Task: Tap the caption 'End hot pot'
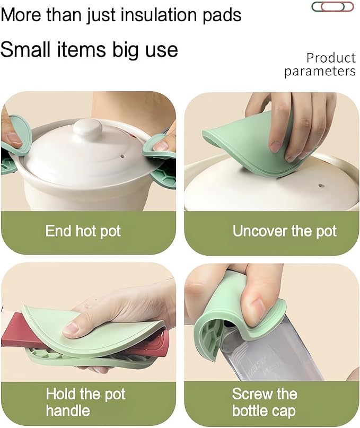(83, 231)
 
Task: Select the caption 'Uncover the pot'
(284, 231)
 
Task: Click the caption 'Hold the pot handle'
(85, 402)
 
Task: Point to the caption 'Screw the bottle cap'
(265, 402)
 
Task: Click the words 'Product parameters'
(320, 65)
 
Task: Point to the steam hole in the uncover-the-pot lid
(321, 186)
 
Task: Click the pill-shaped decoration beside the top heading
(332, 6)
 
